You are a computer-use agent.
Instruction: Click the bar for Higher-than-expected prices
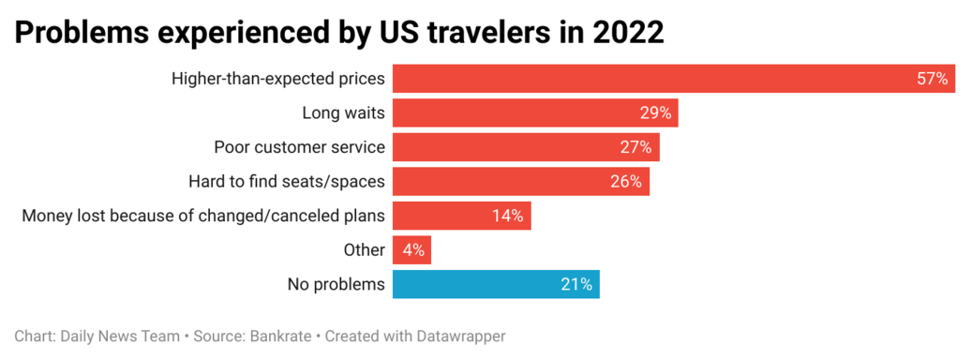674,79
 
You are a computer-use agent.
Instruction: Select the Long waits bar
536,112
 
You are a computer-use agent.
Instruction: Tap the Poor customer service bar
526,147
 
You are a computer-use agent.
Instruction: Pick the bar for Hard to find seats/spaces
521,182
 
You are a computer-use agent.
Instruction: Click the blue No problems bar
496,284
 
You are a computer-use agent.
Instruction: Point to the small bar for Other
411,250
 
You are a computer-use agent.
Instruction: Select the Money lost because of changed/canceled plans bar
462,216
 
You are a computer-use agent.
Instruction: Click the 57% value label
933,79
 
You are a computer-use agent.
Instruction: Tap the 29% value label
656,112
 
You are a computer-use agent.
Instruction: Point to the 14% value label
508,217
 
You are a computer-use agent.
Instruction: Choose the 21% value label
577,285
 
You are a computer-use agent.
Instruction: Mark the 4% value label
412,250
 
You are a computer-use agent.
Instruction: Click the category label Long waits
344,113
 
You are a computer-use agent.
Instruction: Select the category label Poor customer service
300,147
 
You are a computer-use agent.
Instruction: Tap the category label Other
365,250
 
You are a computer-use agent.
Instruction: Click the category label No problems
336,285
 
